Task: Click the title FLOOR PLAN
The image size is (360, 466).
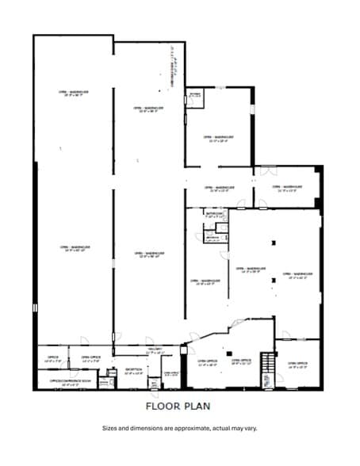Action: [x=179, y=406]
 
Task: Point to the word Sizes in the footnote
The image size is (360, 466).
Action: [x=111, y=428]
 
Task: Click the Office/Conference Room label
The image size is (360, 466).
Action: [x=67, y=381]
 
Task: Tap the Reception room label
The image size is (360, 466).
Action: [x=134, y=370]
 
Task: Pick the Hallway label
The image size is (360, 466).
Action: [x=155, y=351]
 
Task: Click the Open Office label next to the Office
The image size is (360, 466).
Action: [x=90, y=358]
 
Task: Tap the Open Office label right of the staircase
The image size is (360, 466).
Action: [x=299, y=365]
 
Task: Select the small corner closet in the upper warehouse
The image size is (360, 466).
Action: [x=195, y=98]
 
